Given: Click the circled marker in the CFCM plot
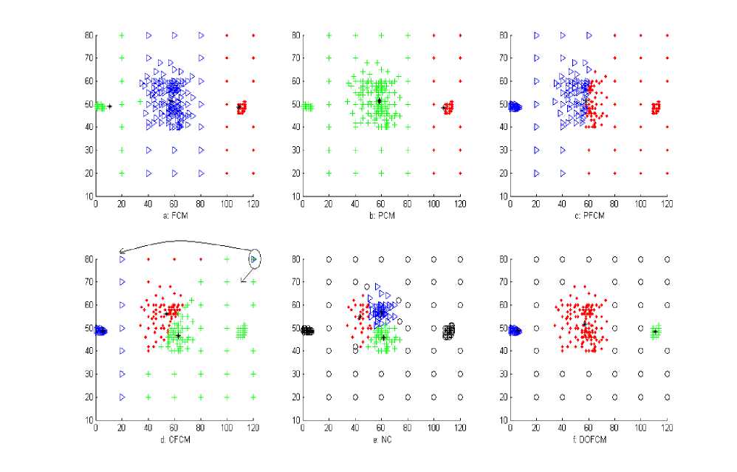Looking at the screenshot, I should (x=255, y=259).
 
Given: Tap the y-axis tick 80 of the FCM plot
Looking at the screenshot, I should (x=89, y=35).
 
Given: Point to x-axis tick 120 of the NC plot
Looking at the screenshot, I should (x=460, y=428).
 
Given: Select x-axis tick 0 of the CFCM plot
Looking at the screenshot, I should (x=95, y=428).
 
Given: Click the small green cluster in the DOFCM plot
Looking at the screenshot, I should (x=655, y=332).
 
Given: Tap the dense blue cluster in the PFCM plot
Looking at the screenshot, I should (x=515, y=107).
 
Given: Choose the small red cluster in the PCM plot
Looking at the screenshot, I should (x=448, y=108).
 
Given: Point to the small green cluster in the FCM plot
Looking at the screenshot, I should (x=100, y=107).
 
